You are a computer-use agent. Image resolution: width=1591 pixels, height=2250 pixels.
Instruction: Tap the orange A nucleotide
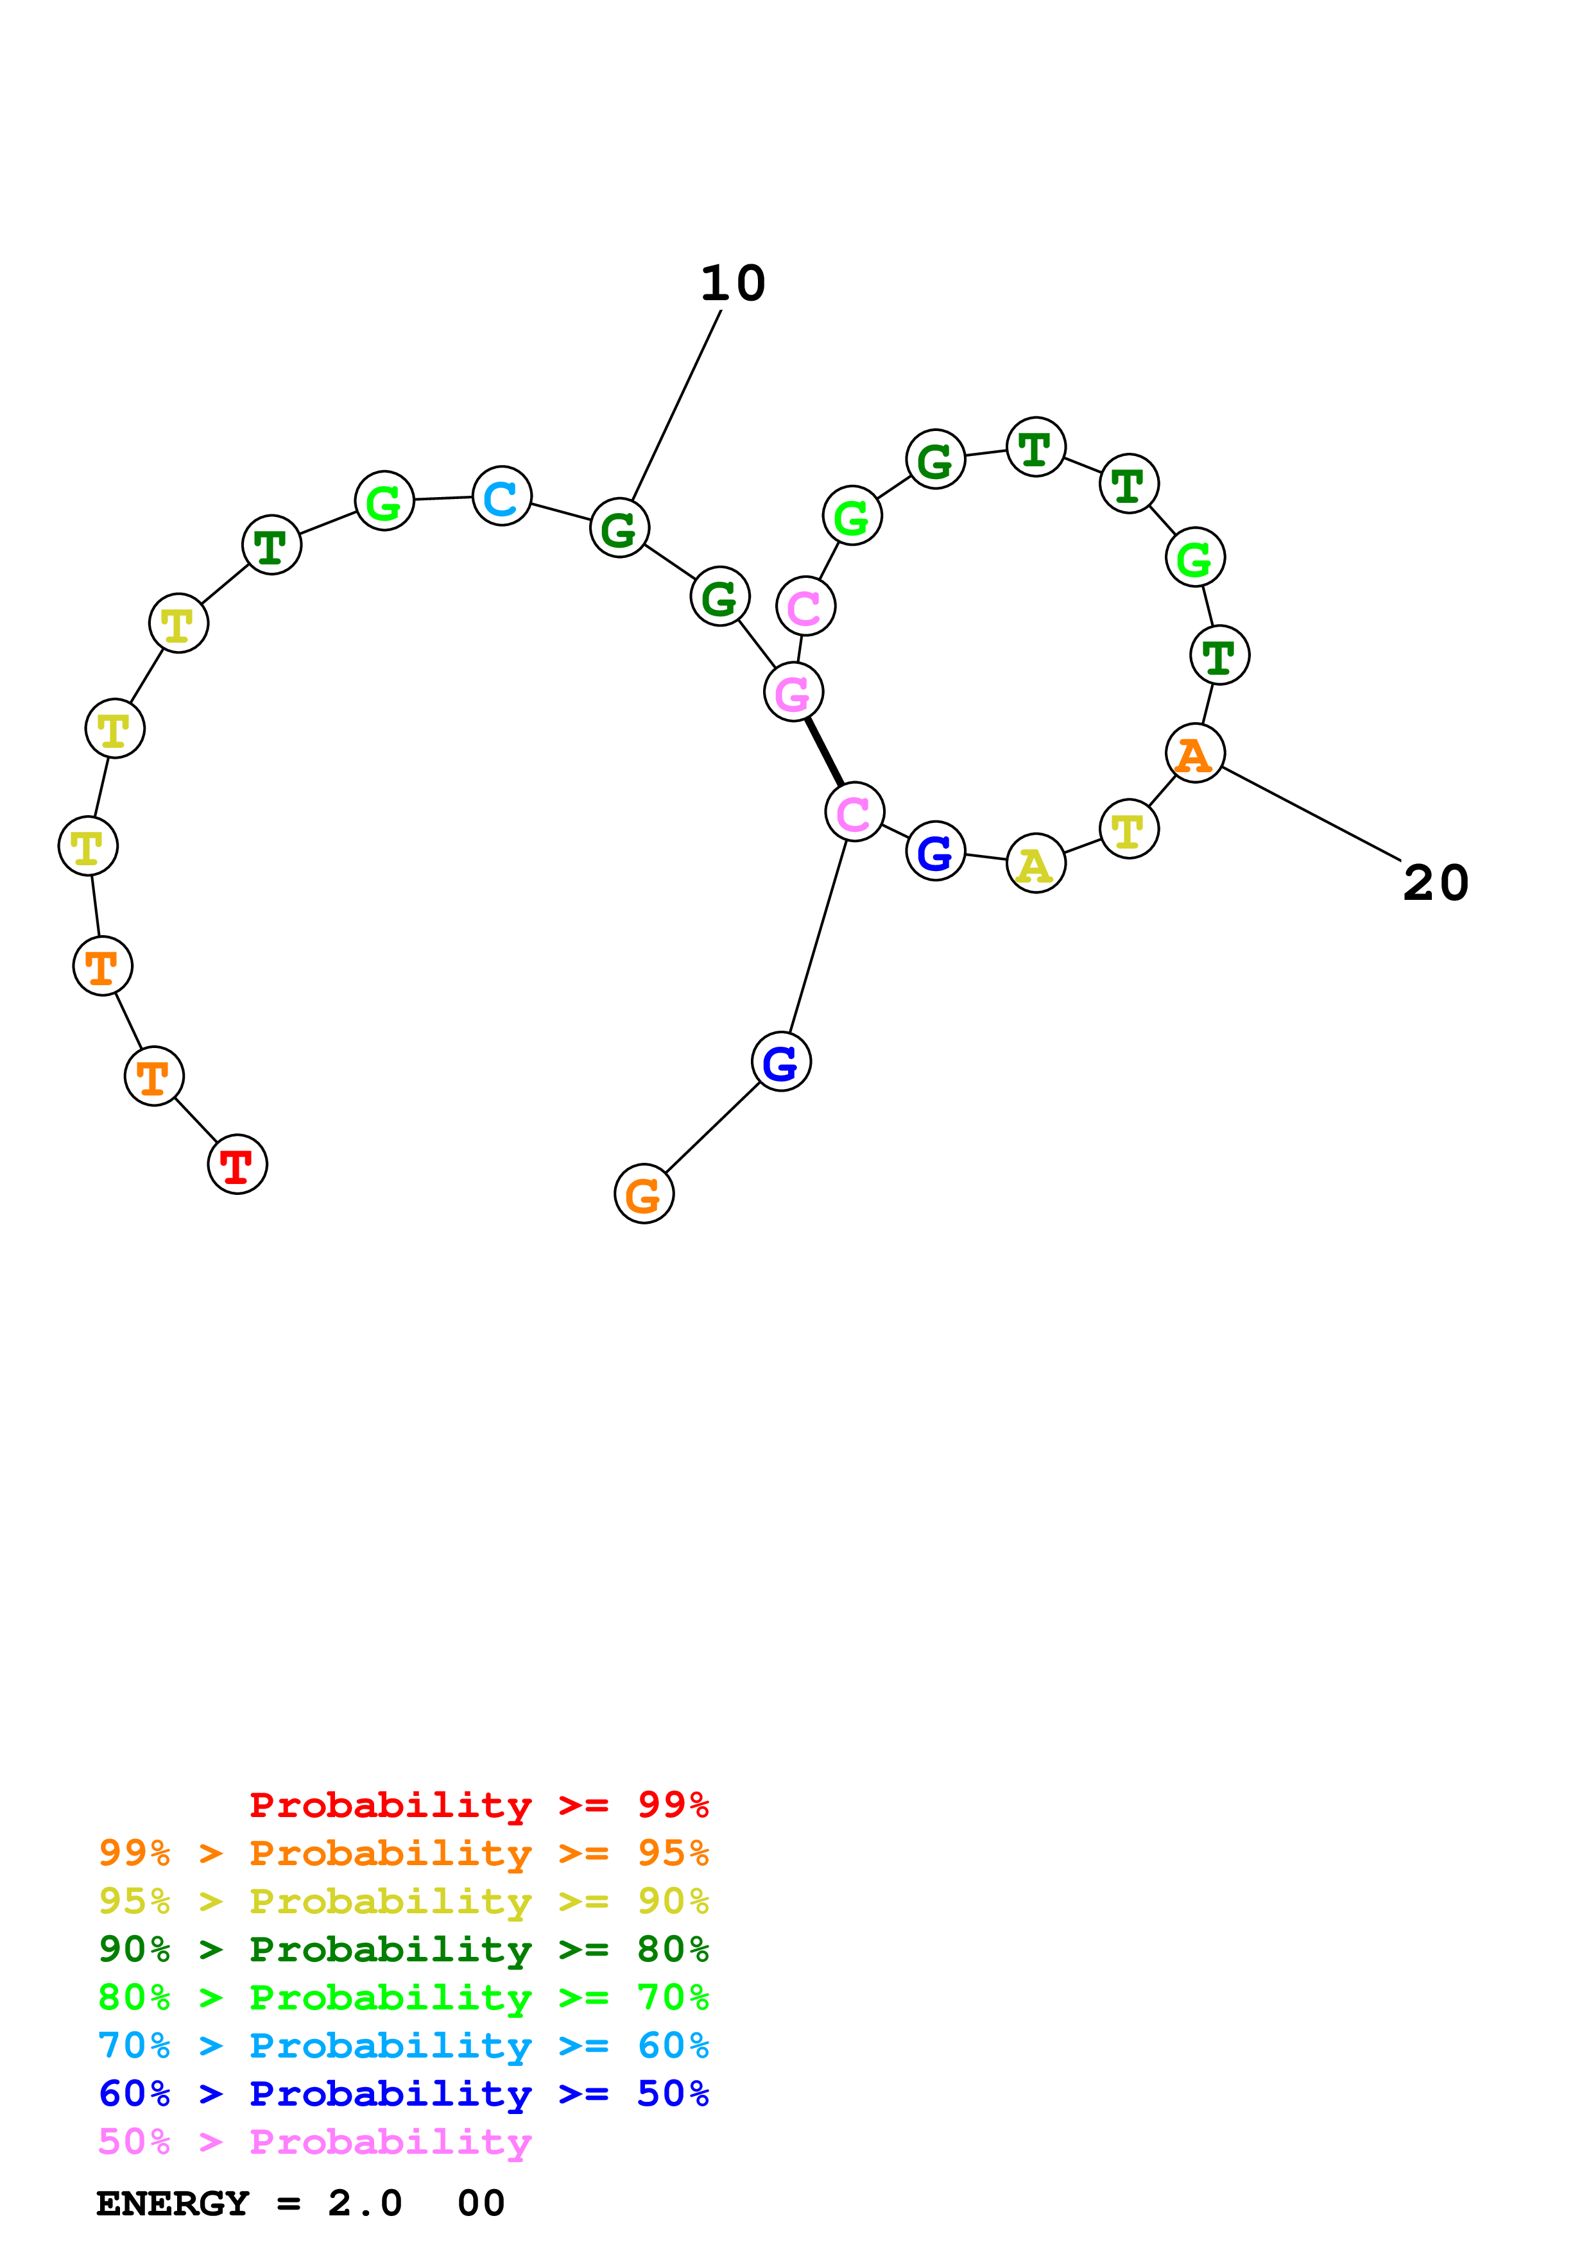pyautogui.click(x=1195, y=754)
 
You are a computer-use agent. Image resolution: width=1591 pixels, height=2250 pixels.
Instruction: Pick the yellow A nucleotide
pyautogui.click(x=1036, y=863)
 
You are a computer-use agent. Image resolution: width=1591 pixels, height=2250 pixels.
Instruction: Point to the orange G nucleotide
pyautogui.click(x=644, y=1194)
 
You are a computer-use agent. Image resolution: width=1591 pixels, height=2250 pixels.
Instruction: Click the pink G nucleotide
pyautogui.click(x=793, y=692)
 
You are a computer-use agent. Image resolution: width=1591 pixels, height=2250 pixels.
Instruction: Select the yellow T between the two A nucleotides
pyautogui.click(x=1130, y=829)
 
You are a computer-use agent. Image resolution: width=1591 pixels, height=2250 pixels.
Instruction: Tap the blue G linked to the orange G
pyautogui.click(x=781, y=1062)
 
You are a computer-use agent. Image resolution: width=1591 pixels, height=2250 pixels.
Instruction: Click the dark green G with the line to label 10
pyautogui.click(x=619, y=529)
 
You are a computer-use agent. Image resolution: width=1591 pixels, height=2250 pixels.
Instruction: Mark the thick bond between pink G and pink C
pyautogui.click(x=825, y=752)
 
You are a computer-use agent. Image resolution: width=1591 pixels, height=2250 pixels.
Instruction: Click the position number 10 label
pyautogui.click(x=734, y=283)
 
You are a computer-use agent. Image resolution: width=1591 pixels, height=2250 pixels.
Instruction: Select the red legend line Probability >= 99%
pyautogui.click(x=478, y=1805)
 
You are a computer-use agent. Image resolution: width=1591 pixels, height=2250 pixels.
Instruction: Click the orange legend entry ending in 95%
pyautogui.click(x=404, y=1853)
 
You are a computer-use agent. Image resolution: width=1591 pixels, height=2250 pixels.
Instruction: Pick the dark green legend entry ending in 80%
pyautogui.click(x=404, y=1949)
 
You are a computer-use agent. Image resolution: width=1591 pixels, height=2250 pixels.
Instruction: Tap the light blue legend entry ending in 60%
pyautogui.click(x=404, y=2045)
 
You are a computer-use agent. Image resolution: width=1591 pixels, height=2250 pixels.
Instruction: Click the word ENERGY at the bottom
pyautogui.click(x=173, y=2203)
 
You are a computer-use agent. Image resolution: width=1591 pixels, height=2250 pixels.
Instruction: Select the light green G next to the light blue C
pyautogui.click(x=384, y=501)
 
